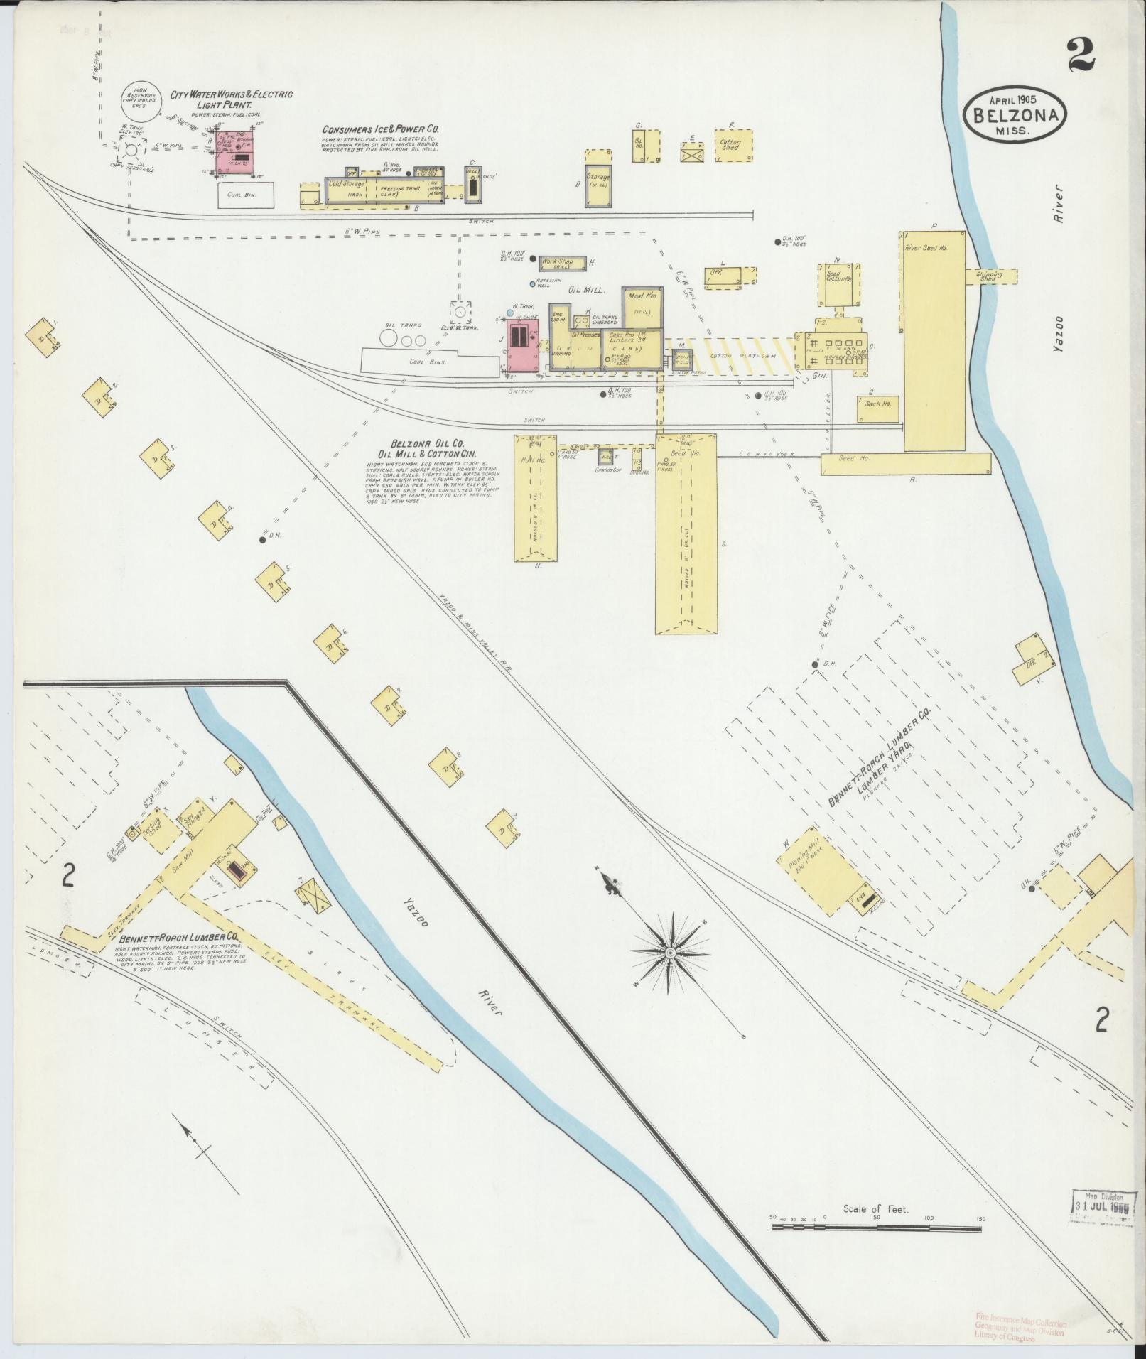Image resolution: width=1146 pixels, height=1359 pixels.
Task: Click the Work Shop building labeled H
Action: [562, 264]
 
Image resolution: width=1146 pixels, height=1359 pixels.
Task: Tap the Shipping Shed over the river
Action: [990, 276]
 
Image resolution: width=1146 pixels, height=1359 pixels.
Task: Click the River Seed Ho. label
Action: [926, 249]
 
